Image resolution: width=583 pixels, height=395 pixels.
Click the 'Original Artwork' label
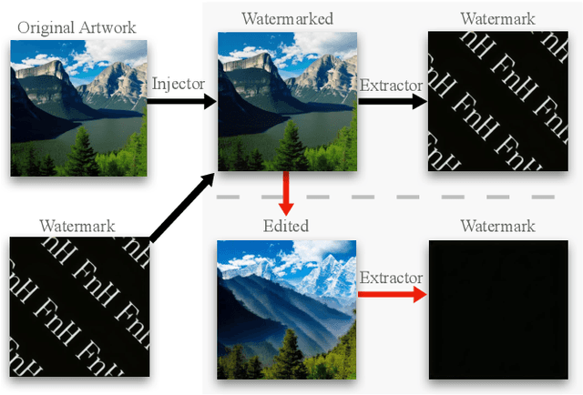[77, 27]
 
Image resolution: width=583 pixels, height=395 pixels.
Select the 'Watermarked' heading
[286, 18]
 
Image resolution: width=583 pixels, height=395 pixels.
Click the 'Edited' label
[285, 225]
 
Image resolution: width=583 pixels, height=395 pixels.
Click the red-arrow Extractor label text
[392, 277]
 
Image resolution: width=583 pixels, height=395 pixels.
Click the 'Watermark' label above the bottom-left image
[77, 225]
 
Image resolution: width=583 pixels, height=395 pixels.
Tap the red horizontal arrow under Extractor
[392, 294]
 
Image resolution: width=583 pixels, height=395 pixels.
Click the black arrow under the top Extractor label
[392, 101]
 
